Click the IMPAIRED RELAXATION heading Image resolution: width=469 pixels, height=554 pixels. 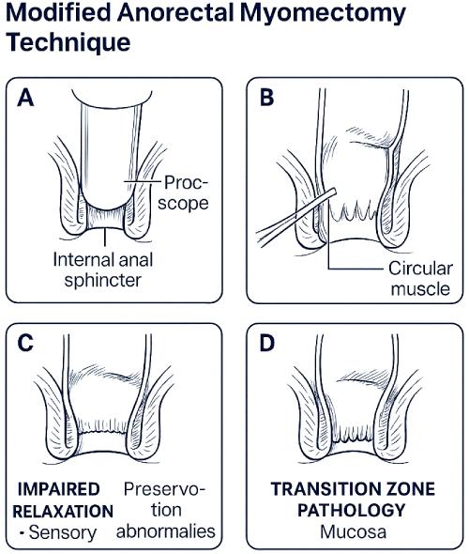click(65, 500)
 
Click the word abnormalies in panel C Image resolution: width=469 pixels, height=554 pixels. click(166, 532)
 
